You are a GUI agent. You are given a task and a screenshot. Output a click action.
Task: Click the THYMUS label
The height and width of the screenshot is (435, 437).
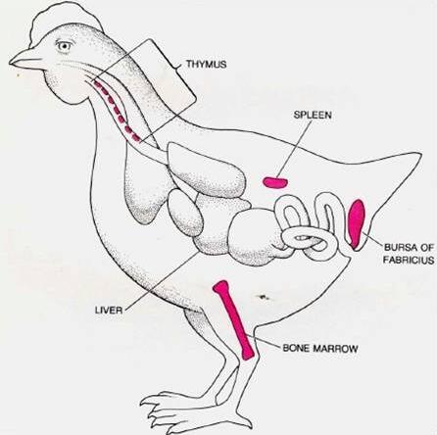[206, 64]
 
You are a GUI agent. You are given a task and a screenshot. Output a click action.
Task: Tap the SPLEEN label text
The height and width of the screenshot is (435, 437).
[313, 115]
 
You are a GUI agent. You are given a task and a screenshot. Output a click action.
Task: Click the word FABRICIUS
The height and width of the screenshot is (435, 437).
[409, 260]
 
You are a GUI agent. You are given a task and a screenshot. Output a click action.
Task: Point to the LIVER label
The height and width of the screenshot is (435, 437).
[109, 310]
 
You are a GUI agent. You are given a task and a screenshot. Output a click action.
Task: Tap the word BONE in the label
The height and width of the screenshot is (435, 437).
[296, 349]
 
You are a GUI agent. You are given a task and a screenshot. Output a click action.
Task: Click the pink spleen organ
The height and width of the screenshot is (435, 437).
[275, 182]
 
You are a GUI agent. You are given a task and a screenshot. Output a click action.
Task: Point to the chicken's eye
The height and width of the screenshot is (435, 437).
[64, 46]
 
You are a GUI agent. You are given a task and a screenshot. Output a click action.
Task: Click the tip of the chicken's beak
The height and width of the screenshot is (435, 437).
[10, 63]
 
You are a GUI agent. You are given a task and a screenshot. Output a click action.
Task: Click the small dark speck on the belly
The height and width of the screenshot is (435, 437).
[263, 297]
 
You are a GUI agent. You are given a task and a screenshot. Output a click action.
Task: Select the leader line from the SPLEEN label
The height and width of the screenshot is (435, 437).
[293, 148]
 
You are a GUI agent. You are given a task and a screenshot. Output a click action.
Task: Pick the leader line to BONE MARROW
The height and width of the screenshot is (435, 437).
[265, 342]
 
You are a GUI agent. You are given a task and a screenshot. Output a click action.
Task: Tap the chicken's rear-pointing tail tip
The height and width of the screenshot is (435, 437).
[420, 154]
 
